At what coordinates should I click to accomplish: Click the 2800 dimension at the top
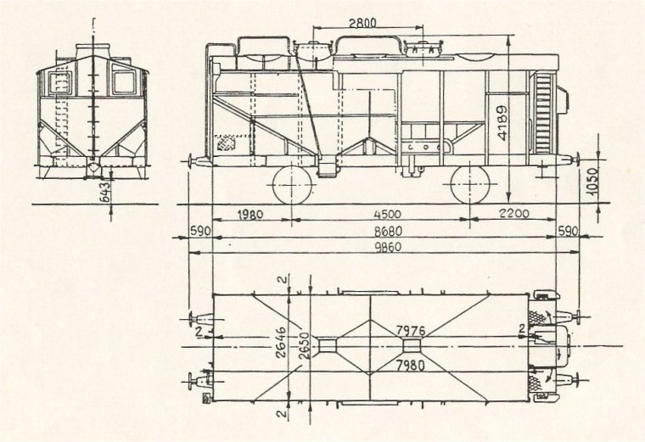362,23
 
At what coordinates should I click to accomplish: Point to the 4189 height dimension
502,123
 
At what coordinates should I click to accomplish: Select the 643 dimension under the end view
105,192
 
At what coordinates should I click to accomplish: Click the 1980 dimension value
250,215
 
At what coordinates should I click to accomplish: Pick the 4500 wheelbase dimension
387,215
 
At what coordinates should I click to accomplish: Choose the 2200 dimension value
514,214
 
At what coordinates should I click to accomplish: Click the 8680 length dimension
388,231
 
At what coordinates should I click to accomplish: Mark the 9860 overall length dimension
387,247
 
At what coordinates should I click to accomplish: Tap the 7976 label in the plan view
410,331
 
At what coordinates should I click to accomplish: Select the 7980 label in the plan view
410,365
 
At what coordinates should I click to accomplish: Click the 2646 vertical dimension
281,343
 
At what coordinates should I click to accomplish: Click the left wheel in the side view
292,185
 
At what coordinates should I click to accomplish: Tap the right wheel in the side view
470,185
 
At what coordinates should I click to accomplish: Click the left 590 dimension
200,231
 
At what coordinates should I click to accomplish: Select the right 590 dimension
568,231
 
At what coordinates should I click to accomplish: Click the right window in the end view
124,82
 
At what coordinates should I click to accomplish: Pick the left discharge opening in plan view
328,346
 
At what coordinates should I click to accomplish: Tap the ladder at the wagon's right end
544,113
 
